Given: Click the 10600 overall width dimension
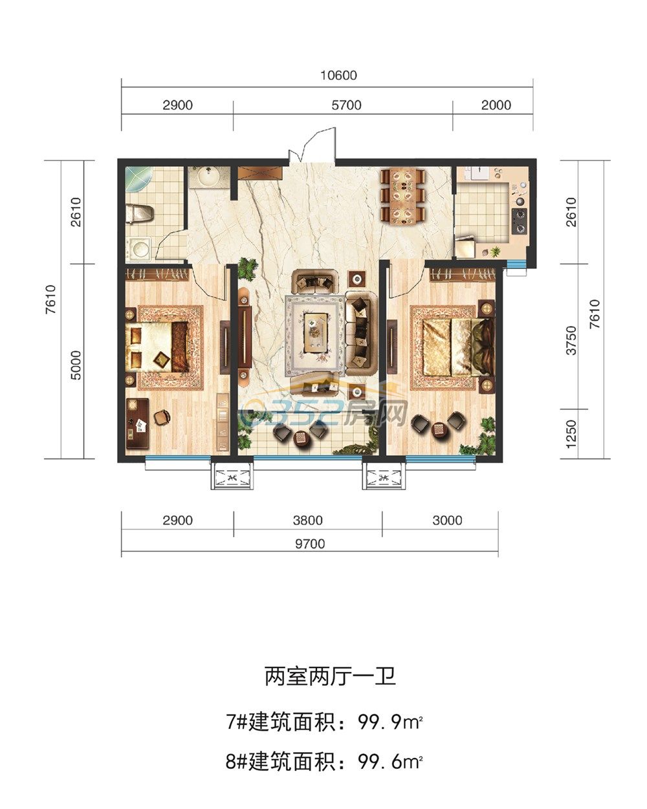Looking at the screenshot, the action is click(x=338, y=76).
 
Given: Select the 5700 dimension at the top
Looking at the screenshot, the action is click(x=346, y=105).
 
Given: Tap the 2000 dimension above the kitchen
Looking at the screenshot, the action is click(x=496, y=105).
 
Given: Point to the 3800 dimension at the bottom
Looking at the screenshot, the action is click(x=308, y=521).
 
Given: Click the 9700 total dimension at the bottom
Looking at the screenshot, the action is click(x=310, y=544).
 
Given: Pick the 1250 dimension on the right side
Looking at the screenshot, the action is click(x=571, y=434).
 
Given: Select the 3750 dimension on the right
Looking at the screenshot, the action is click(x=571, y=340).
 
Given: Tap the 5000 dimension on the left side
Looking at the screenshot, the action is click(x=76, y=365).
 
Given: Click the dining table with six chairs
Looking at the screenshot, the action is click(x=403, y=197).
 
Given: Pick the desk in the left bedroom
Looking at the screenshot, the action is click(x=137, y=424).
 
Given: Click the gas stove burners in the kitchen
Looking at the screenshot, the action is click(x=520, y=221).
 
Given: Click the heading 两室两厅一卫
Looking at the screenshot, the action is click(x=330, y=676).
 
